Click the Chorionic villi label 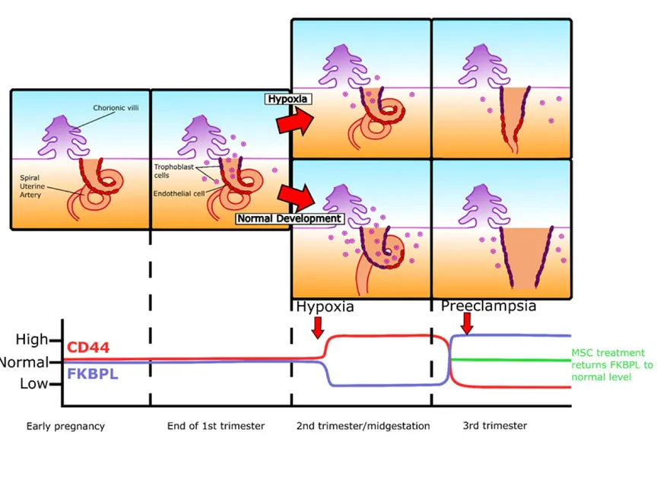[116, 108]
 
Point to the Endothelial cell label [179, 194]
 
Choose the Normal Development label [288, 218]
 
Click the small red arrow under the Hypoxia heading [318, 326]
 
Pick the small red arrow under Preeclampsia [467, 324]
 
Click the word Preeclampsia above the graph [488, 306]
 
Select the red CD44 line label [88, 348]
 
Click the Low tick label [33, 383]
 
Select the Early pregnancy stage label [65, 426]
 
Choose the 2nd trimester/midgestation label [363, 426]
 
